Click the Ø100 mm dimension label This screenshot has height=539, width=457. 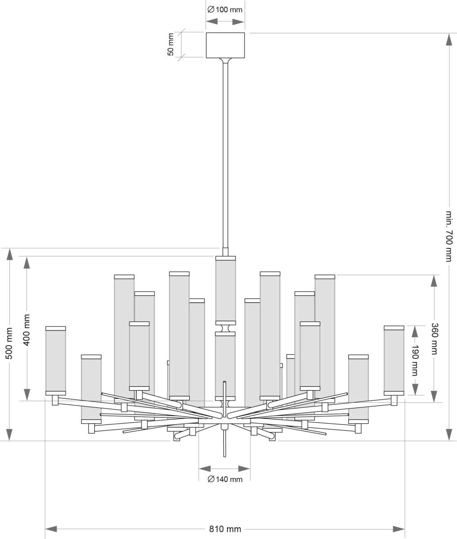225,9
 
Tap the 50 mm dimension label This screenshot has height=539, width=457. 170,45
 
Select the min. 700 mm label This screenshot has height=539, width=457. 448,235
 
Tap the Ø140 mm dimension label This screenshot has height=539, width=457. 225,479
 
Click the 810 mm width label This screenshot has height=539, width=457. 225,529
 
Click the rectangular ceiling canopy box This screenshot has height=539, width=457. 225,45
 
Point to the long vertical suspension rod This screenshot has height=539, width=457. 225,153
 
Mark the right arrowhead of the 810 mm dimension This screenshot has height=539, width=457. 399,529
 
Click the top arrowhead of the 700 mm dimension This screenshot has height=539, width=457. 448,40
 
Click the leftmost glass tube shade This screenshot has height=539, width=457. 56,361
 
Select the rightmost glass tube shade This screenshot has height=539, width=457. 394,361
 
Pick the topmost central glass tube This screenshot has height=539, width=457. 226,290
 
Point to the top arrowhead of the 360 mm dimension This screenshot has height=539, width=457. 434,281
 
